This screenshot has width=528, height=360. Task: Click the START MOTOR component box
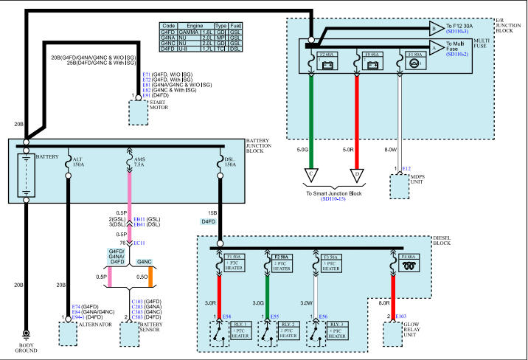[139, 113]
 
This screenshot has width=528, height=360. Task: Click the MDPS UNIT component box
[399, 187]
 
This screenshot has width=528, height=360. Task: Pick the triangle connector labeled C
[313, 176]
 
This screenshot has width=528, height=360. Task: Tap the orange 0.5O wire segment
[150, 277]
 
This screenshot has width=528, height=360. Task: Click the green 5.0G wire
[313, 111]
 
